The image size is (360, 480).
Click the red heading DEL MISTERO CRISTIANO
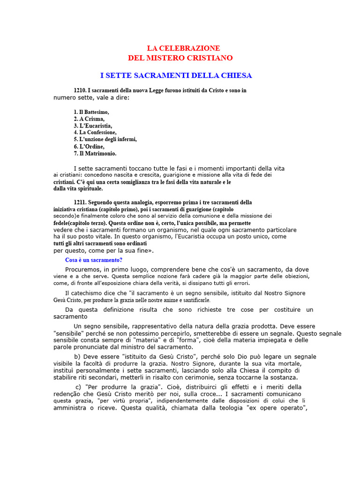180,58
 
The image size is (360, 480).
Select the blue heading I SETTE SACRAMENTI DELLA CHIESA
176,75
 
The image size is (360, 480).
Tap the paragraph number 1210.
80,90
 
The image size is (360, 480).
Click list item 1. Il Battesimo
91,112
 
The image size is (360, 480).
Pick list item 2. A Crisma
89,119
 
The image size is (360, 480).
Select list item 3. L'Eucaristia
93,126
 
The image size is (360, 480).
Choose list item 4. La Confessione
95,133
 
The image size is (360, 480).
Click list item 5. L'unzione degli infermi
105,139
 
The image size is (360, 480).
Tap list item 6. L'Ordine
89,146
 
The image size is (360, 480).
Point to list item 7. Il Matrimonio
95,153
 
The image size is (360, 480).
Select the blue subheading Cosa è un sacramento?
93,260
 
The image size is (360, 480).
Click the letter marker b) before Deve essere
77,357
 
